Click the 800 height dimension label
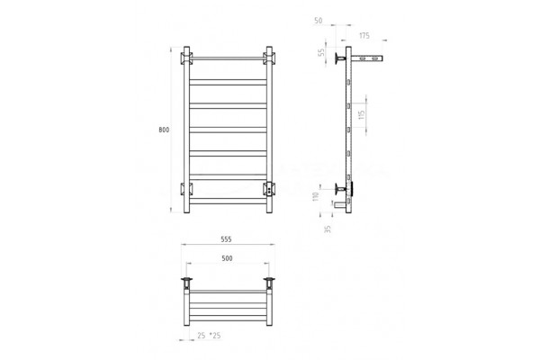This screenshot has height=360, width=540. (164, 130)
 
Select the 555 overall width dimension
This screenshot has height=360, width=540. (226, 239)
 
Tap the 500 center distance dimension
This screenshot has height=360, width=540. (227, 258)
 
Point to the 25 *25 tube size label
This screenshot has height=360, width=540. (209, 335)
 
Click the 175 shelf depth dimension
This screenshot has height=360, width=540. (364, 35)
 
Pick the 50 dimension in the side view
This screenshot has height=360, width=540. (319, 21)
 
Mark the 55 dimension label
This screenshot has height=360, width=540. (321, 52)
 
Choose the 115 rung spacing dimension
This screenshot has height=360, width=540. (361, 114)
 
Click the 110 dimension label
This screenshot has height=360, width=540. (316, 197)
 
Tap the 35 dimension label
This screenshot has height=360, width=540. (328, 229)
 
